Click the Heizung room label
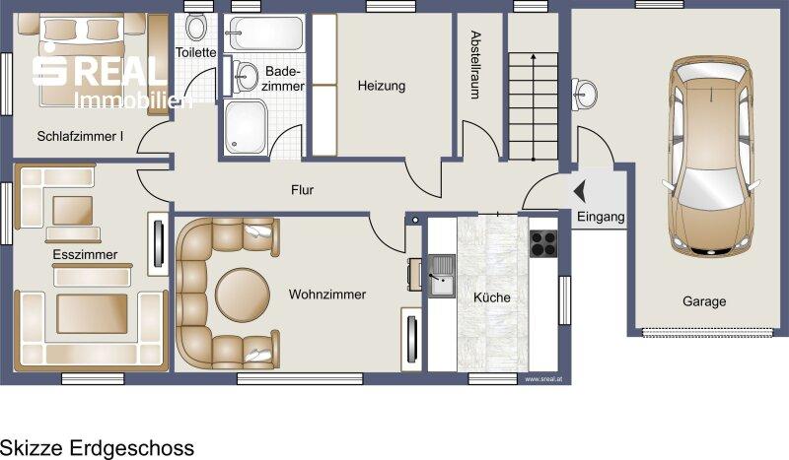point(382,86)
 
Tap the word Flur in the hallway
point(302,190)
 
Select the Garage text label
point(704,301)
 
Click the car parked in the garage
point(709,156)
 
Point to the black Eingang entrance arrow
point(580,191)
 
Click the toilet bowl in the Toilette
point(195,28)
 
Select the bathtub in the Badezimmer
point(264,33)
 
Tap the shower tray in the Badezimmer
point(245,127)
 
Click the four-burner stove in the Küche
point(543,244)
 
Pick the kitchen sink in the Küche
point(442,275)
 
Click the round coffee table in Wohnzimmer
point(242,295)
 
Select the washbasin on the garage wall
point(584,94)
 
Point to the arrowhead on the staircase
point(533,57)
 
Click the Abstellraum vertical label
point(475,65)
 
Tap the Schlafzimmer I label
point(80,136)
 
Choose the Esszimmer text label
point(85,254)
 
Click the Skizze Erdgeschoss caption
point(97,448)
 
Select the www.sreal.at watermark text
point(543,379)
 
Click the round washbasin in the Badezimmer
point(245,77)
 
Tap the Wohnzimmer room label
point(327,295)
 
